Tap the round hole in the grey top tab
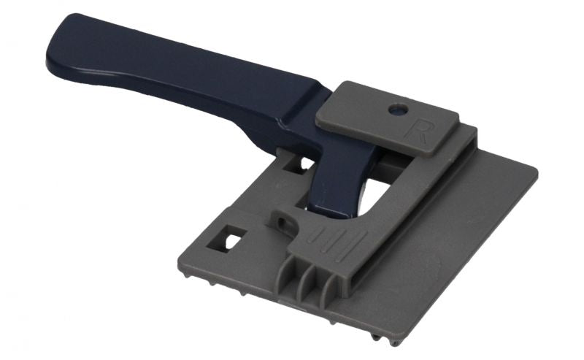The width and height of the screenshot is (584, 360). point(399,110)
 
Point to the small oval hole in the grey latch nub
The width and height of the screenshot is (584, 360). point(283,223)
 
